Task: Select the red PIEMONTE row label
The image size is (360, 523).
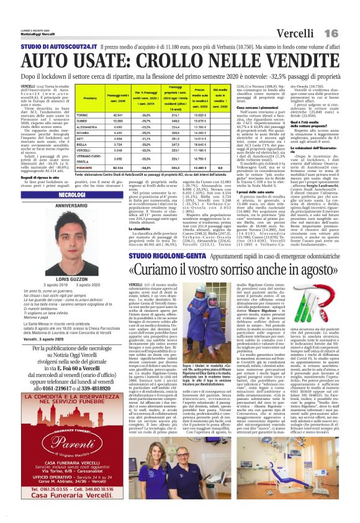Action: pyautogui.click(x=85, y=184)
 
